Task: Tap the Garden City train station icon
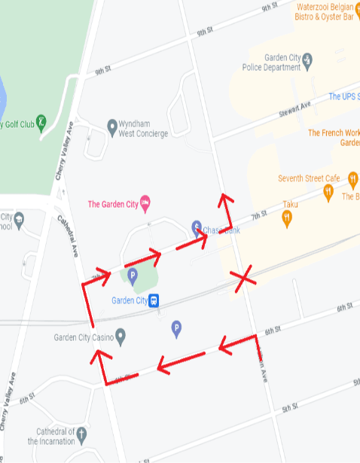tap(153, 300)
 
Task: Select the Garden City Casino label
tap(83, 337)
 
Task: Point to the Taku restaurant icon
tap(287, 218)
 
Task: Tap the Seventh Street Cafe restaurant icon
tap(328, 193)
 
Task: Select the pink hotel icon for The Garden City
tap(145, 201)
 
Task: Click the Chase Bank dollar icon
tap(197, 226)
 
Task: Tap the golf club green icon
tap(42, 120)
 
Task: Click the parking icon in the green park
tap(132, 276)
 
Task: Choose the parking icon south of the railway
tap(176, 327)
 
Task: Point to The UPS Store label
tap(343, 97)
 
